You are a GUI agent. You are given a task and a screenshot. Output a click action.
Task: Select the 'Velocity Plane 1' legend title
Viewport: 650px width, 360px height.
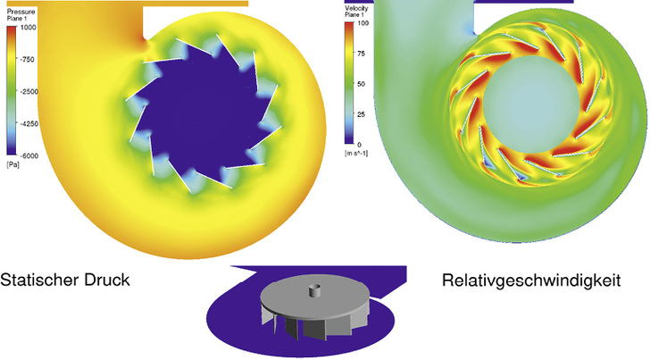tap(360, 9)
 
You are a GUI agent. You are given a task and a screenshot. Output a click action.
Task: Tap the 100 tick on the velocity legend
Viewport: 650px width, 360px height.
tap(363, 22)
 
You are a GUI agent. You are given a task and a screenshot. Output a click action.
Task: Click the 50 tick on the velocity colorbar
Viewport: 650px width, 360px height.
tap(362, 83)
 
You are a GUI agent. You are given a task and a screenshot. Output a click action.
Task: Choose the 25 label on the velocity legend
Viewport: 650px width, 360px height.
tap(362, 113)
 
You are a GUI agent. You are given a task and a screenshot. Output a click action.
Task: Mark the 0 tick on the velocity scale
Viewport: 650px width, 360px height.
tap(359, 144)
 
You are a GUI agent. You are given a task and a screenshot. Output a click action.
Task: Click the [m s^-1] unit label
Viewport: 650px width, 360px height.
tap(361, 154)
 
